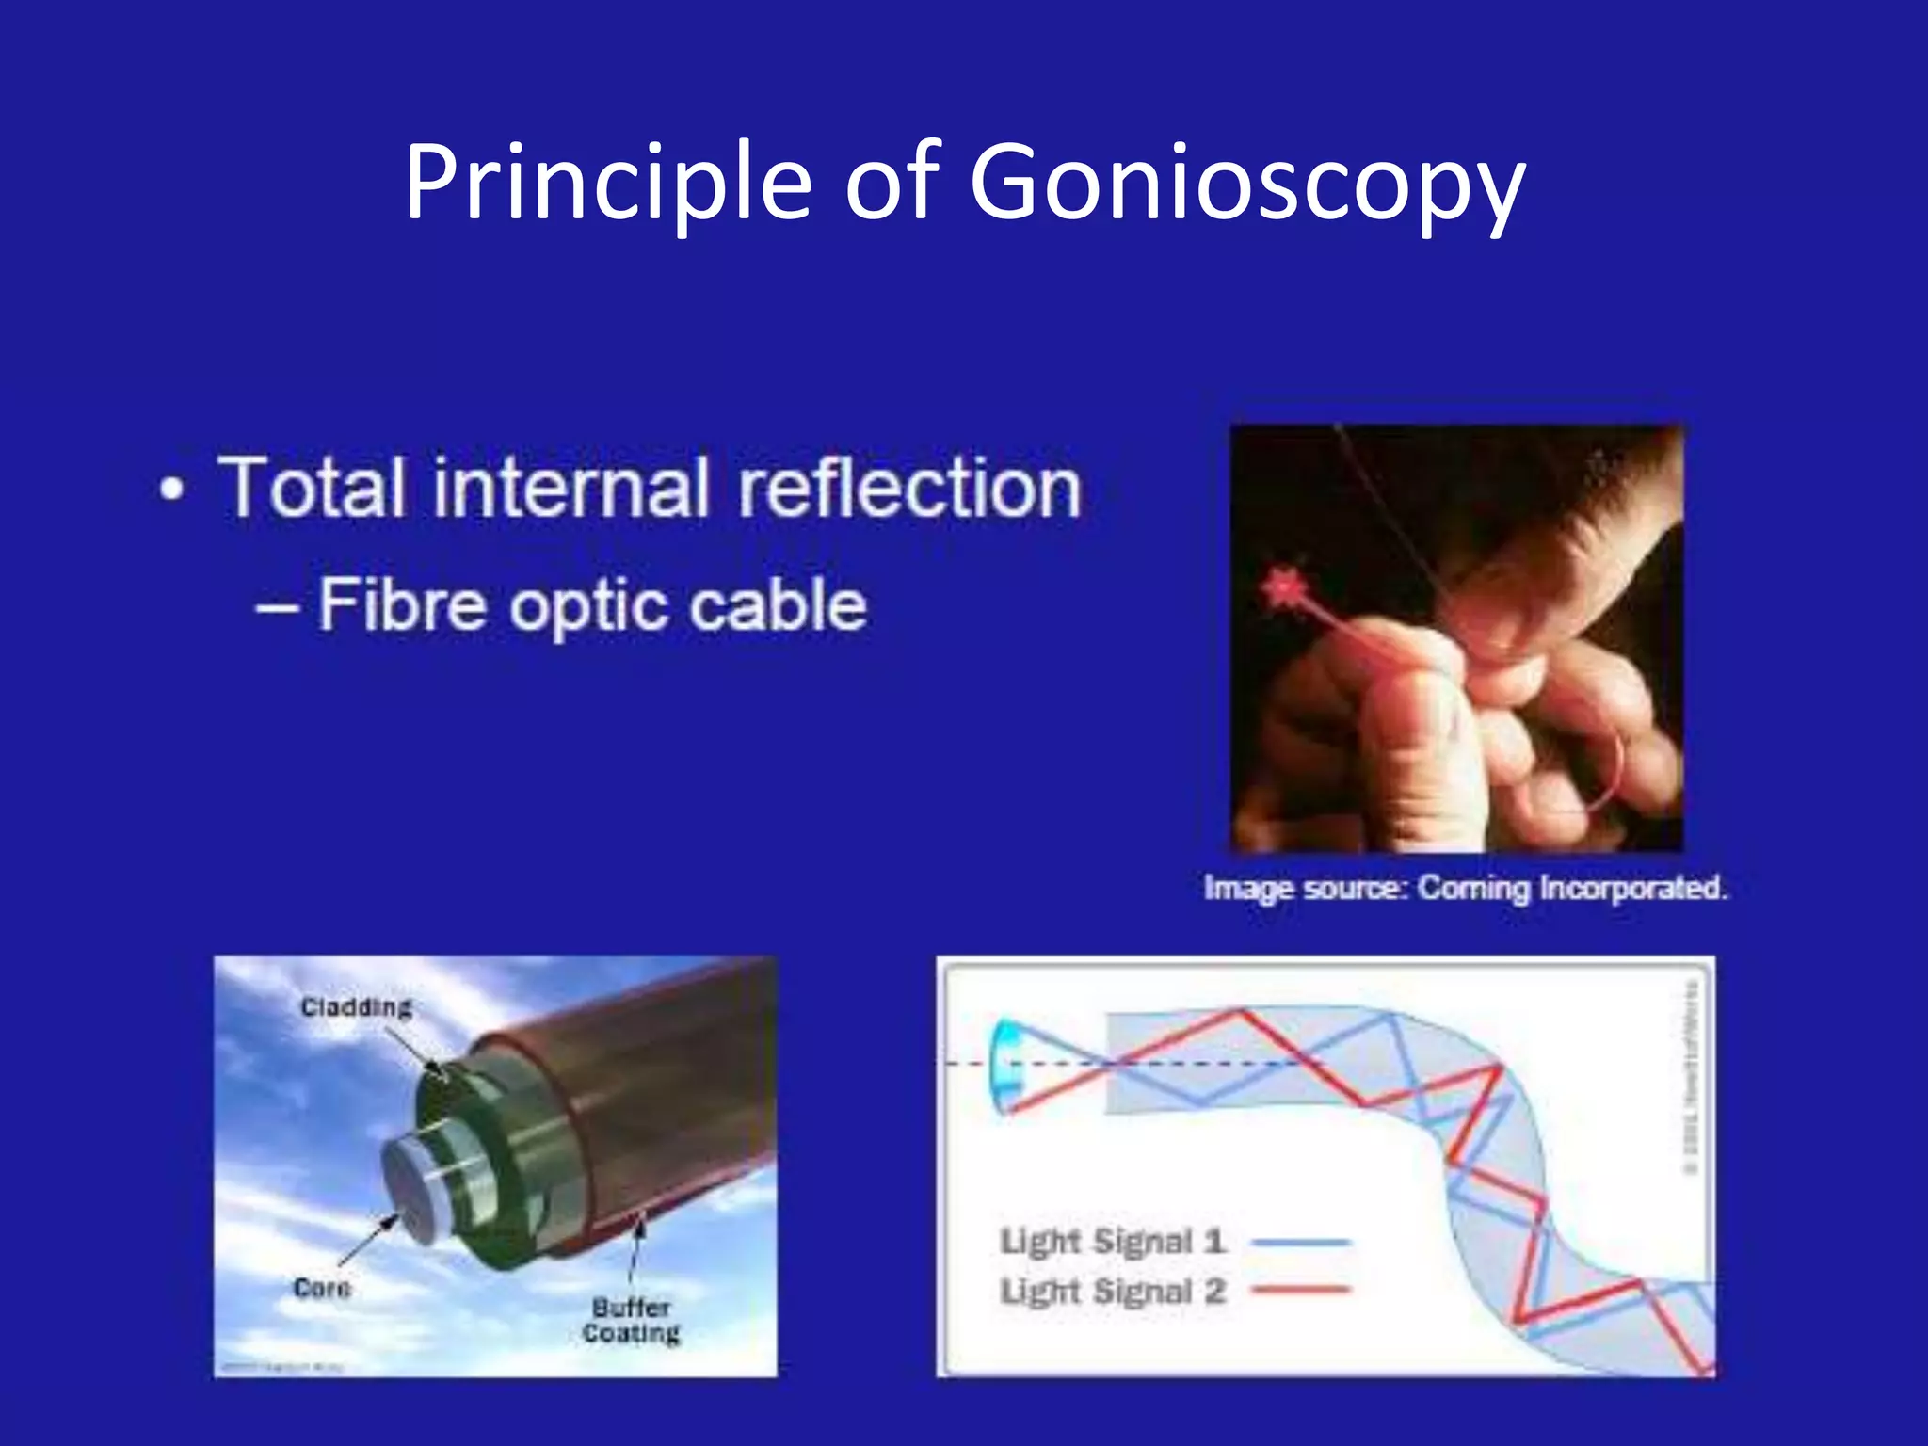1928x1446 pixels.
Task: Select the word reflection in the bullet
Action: [x=909, y=488]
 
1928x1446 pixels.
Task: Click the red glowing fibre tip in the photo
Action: [x=1282, y=589]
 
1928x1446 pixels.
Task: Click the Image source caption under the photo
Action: [x=1465, y=888]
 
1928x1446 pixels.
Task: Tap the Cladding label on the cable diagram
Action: [x=356, y=1007]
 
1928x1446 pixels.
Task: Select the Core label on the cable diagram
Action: [x=322, y=1288]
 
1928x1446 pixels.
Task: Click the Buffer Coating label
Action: [x=631, y=1320]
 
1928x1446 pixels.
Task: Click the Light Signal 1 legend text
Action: [x=1112, y=1242]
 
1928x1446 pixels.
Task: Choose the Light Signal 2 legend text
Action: [x=1112, y=1291]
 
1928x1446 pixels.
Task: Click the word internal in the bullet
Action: [x=570, y=488]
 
